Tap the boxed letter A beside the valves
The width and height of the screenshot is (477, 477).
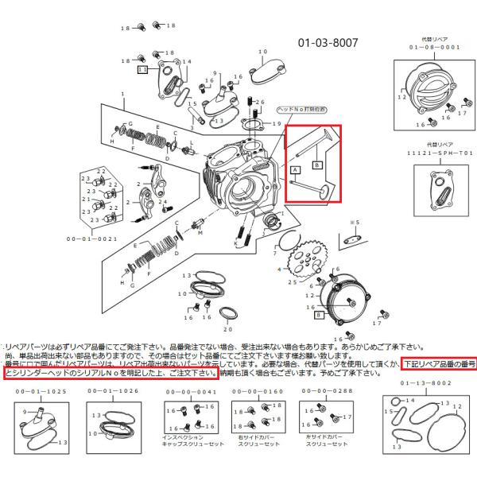click(296, 170)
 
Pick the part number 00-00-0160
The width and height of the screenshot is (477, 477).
click(252, 391)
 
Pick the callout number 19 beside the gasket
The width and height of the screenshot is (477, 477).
click(277, 125)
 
